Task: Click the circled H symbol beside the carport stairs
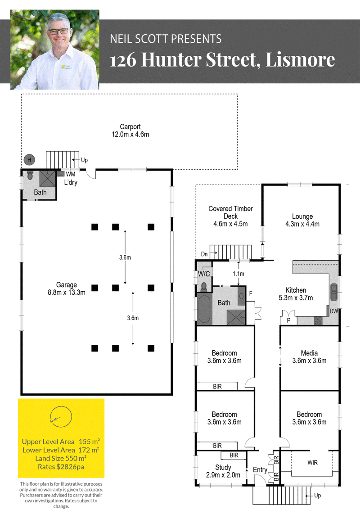coord(29,160)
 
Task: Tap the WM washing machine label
coord(71,174)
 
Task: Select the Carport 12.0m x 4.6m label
coord(130,131)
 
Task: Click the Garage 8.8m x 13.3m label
coord(67,289)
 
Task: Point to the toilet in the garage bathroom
coord(30,175)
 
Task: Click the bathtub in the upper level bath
coord(205,309)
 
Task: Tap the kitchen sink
coord(334,292)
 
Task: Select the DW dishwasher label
coord(333,311)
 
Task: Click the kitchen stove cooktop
coord(318,320)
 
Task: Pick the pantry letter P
coord(288,320)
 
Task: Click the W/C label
coord(204,274)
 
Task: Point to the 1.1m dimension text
coord(238,274)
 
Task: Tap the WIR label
coord(312,463)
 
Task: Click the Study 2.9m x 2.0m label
coord(223,471)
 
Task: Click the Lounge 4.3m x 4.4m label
coord(302,220)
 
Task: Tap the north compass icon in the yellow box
coord(61,417)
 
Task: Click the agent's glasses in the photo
coord(58,31)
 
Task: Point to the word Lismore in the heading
coord(300,59)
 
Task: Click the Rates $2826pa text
coord(61,467)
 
